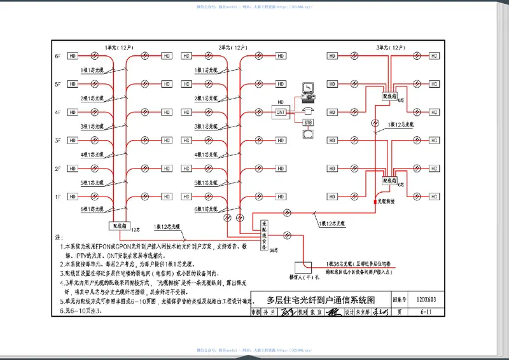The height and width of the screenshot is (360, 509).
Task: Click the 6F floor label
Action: click(x=57, y=56)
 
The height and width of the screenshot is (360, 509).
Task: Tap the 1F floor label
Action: click(x=57, y=197)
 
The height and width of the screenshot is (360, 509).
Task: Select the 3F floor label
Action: click(x=57, y=141)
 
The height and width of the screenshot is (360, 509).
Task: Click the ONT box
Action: click(x=281, y=112)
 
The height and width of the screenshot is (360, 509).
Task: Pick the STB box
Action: click(x=308, y=122)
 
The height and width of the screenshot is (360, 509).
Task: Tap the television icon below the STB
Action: click(x=308, y=134)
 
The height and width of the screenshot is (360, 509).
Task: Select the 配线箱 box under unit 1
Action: click(x=119, y=225)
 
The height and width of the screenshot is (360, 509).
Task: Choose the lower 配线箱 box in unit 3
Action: click(x=389, y=181)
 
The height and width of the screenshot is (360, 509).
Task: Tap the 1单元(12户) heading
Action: click(x=119, y=47)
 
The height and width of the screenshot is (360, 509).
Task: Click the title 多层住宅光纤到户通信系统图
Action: click(x=321, y=300)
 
